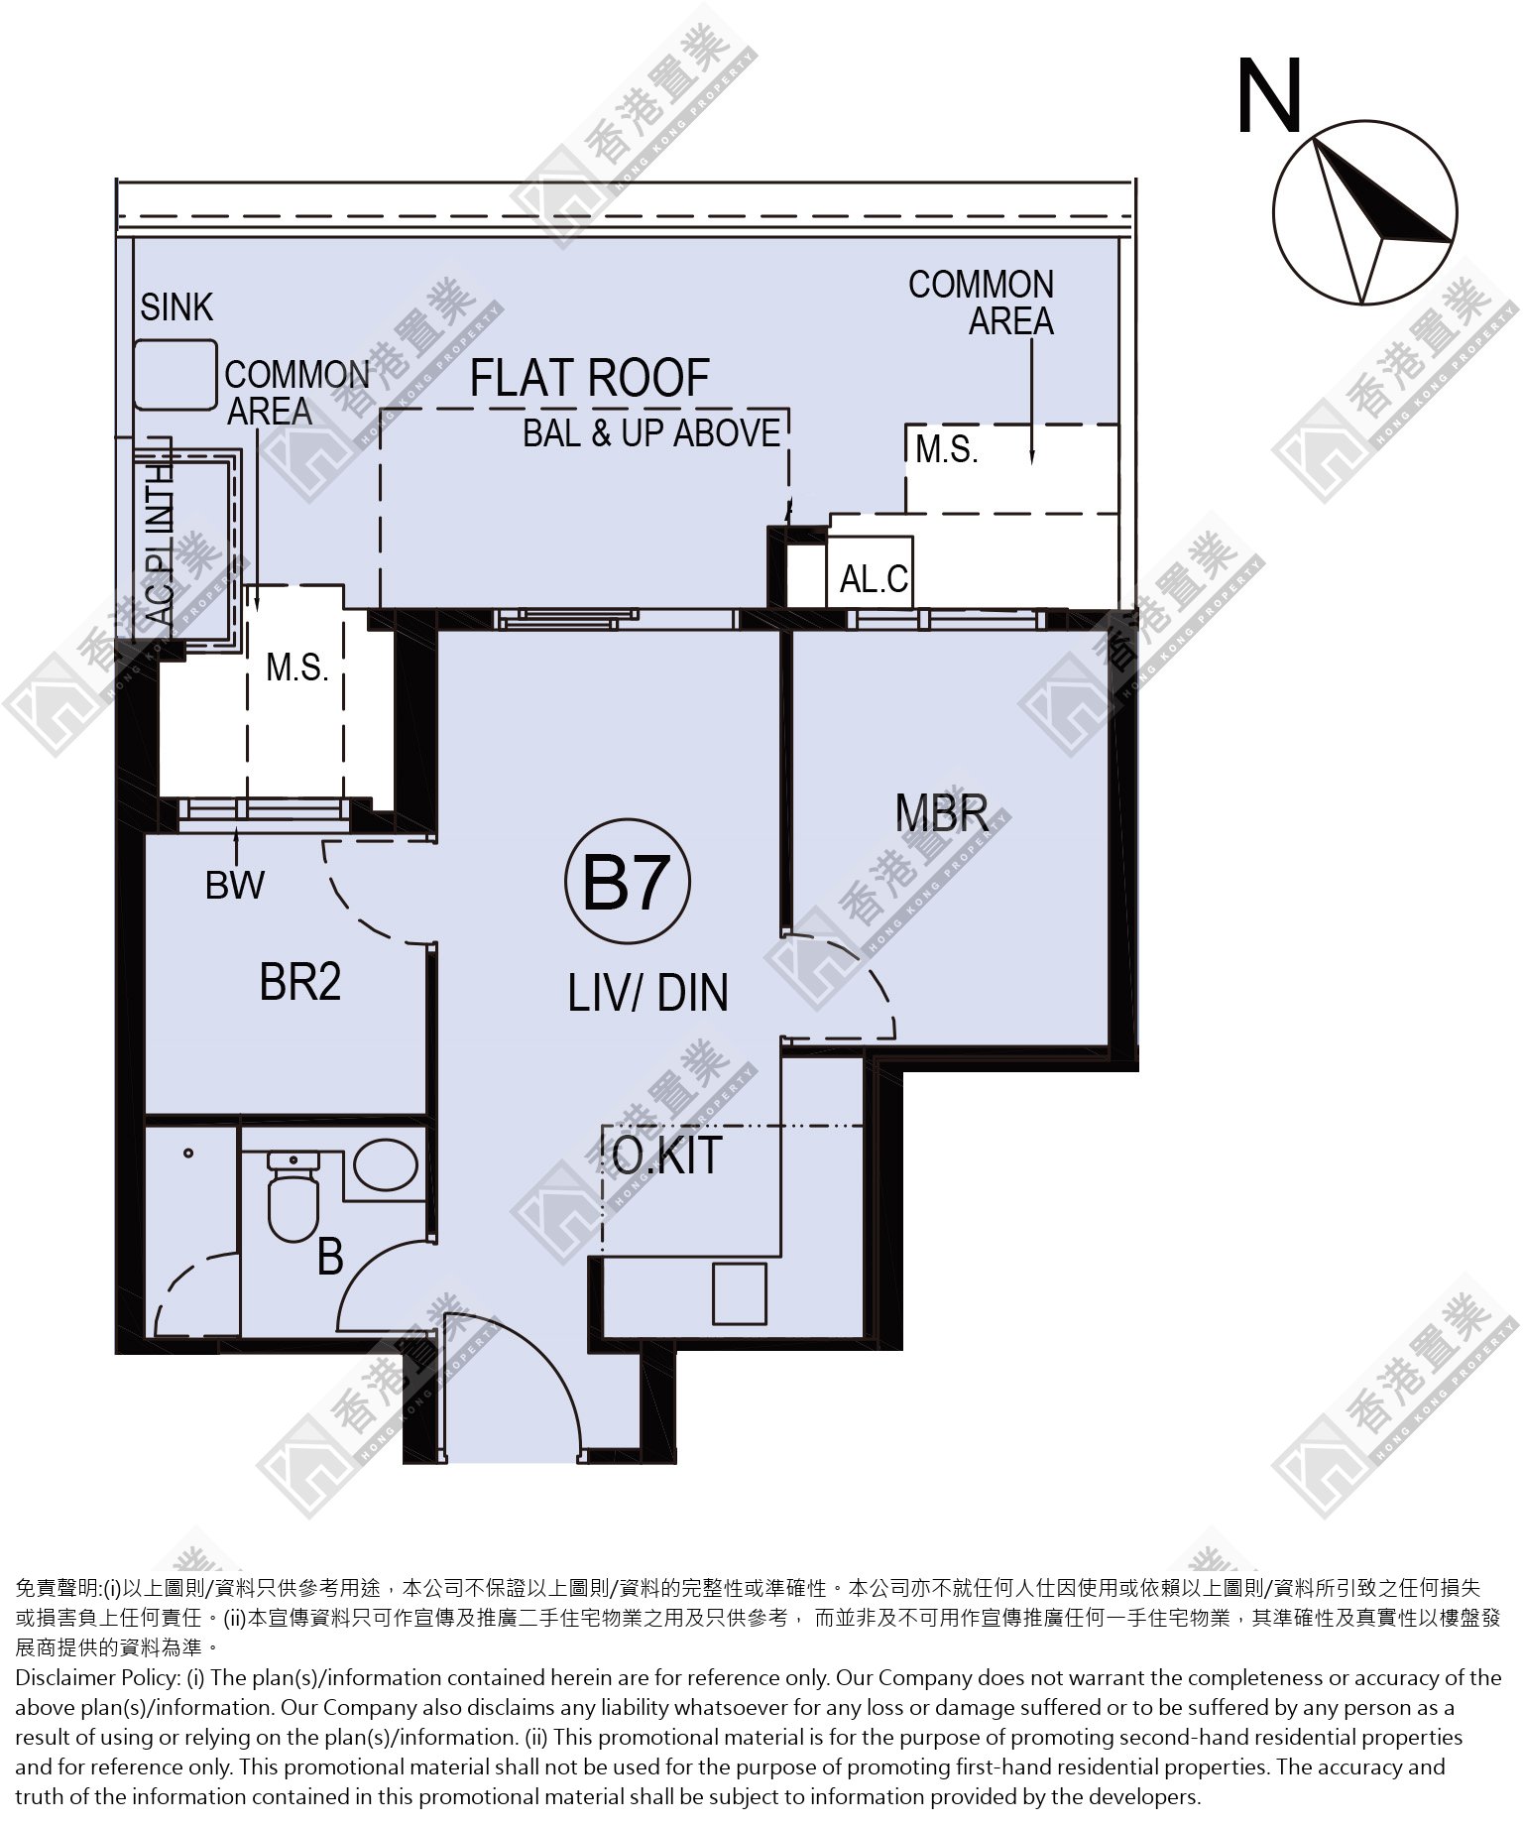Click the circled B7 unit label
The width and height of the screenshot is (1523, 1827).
click(628, 882)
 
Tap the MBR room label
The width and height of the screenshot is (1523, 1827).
click(942, 812)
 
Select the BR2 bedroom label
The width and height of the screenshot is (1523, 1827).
click(300, 982)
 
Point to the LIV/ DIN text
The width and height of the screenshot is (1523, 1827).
click(647, 992)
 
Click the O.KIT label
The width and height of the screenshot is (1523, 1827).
click(667, 1155)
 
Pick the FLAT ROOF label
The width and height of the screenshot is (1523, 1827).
click(590, 378)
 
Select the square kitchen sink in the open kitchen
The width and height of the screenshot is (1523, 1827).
click(740, 1293)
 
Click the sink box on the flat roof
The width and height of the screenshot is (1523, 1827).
click(175, 374)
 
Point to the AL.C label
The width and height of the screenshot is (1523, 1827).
click(874, 578)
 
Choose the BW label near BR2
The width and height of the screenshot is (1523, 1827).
click(235, 885)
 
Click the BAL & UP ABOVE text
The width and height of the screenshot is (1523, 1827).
click(651, 433)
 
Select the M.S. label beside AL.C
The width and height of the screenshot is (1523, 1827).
click(947, 449)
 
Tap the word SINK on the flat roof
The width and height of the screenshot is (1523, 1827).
click(176, 307)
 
